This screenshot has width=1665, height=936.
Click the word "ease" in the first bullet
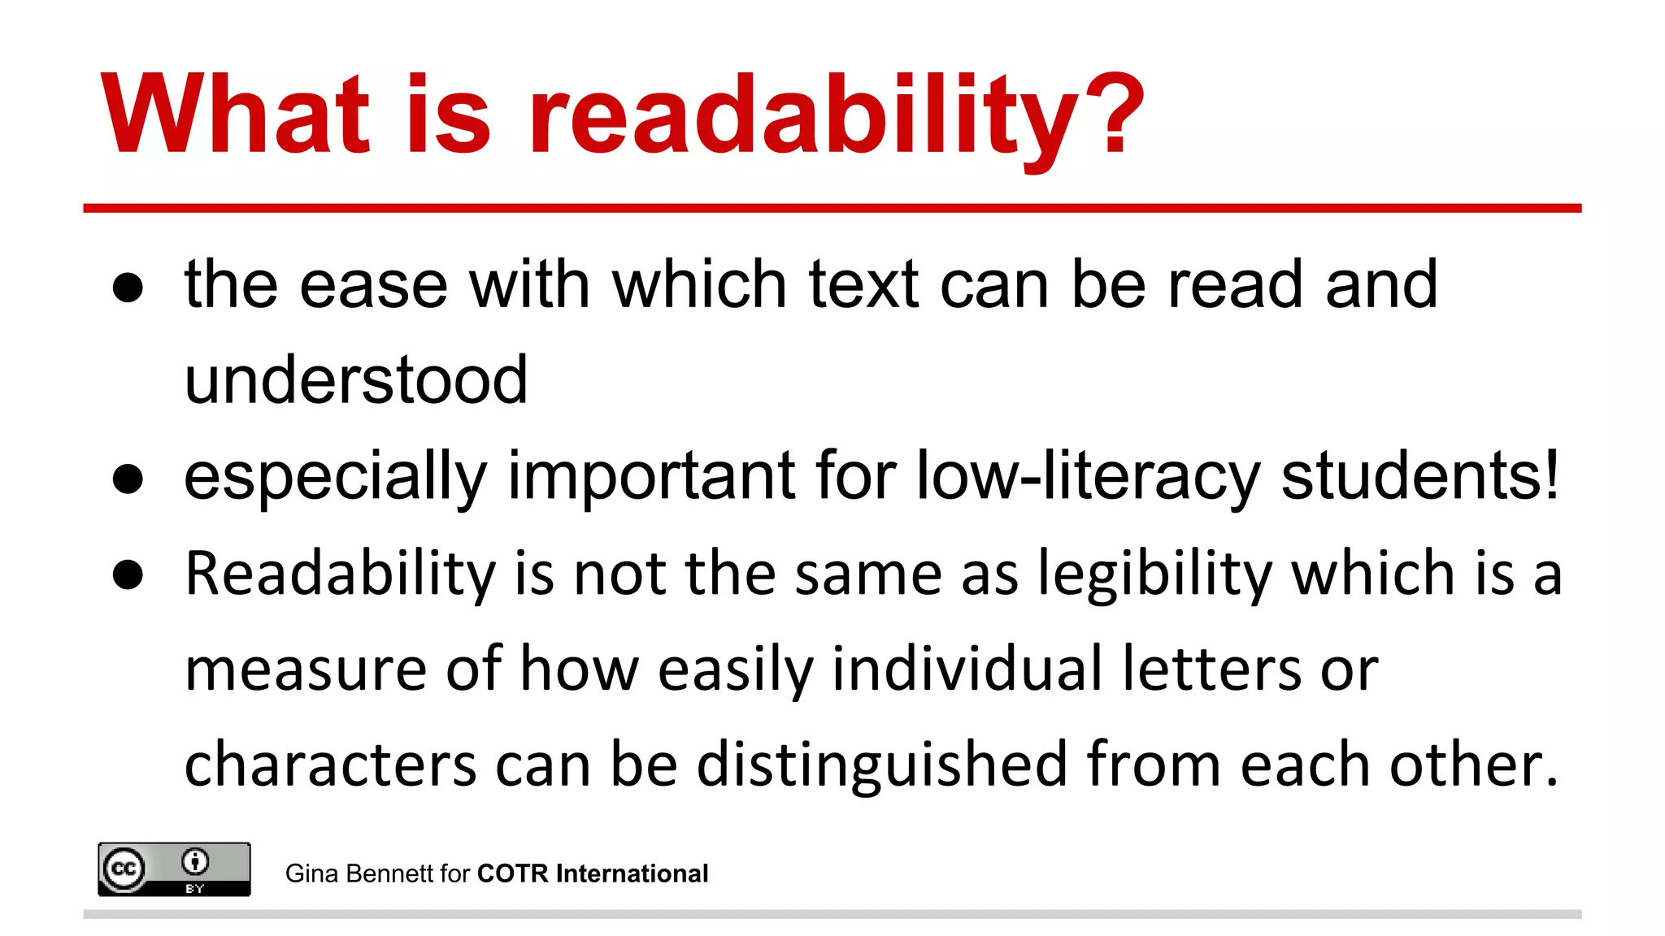tap(373, 285)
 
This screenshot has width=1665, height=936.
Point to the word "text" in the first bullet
tap(863, 285)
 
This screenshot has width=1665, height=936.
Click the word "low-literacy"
tap(1088, 478)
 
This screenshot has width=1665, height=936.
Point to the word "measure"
tap(305, 670)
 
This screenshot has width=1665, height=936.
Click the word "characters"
tap(330, 765)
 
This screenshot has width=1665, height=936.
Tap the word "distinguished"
tap(881, 765)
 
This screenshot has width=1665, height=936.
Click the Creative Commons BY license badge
tap(174, 869)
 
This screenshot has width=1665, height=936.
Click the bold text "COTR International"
tap(592, 873)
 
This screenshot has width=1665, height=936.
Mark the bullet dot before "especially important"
tap(128, 479)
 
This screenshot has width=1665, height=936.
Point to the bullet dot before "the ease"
tap(128, 288)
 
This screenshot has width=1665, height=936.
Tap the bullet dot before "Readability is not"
tap(128, 575)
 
